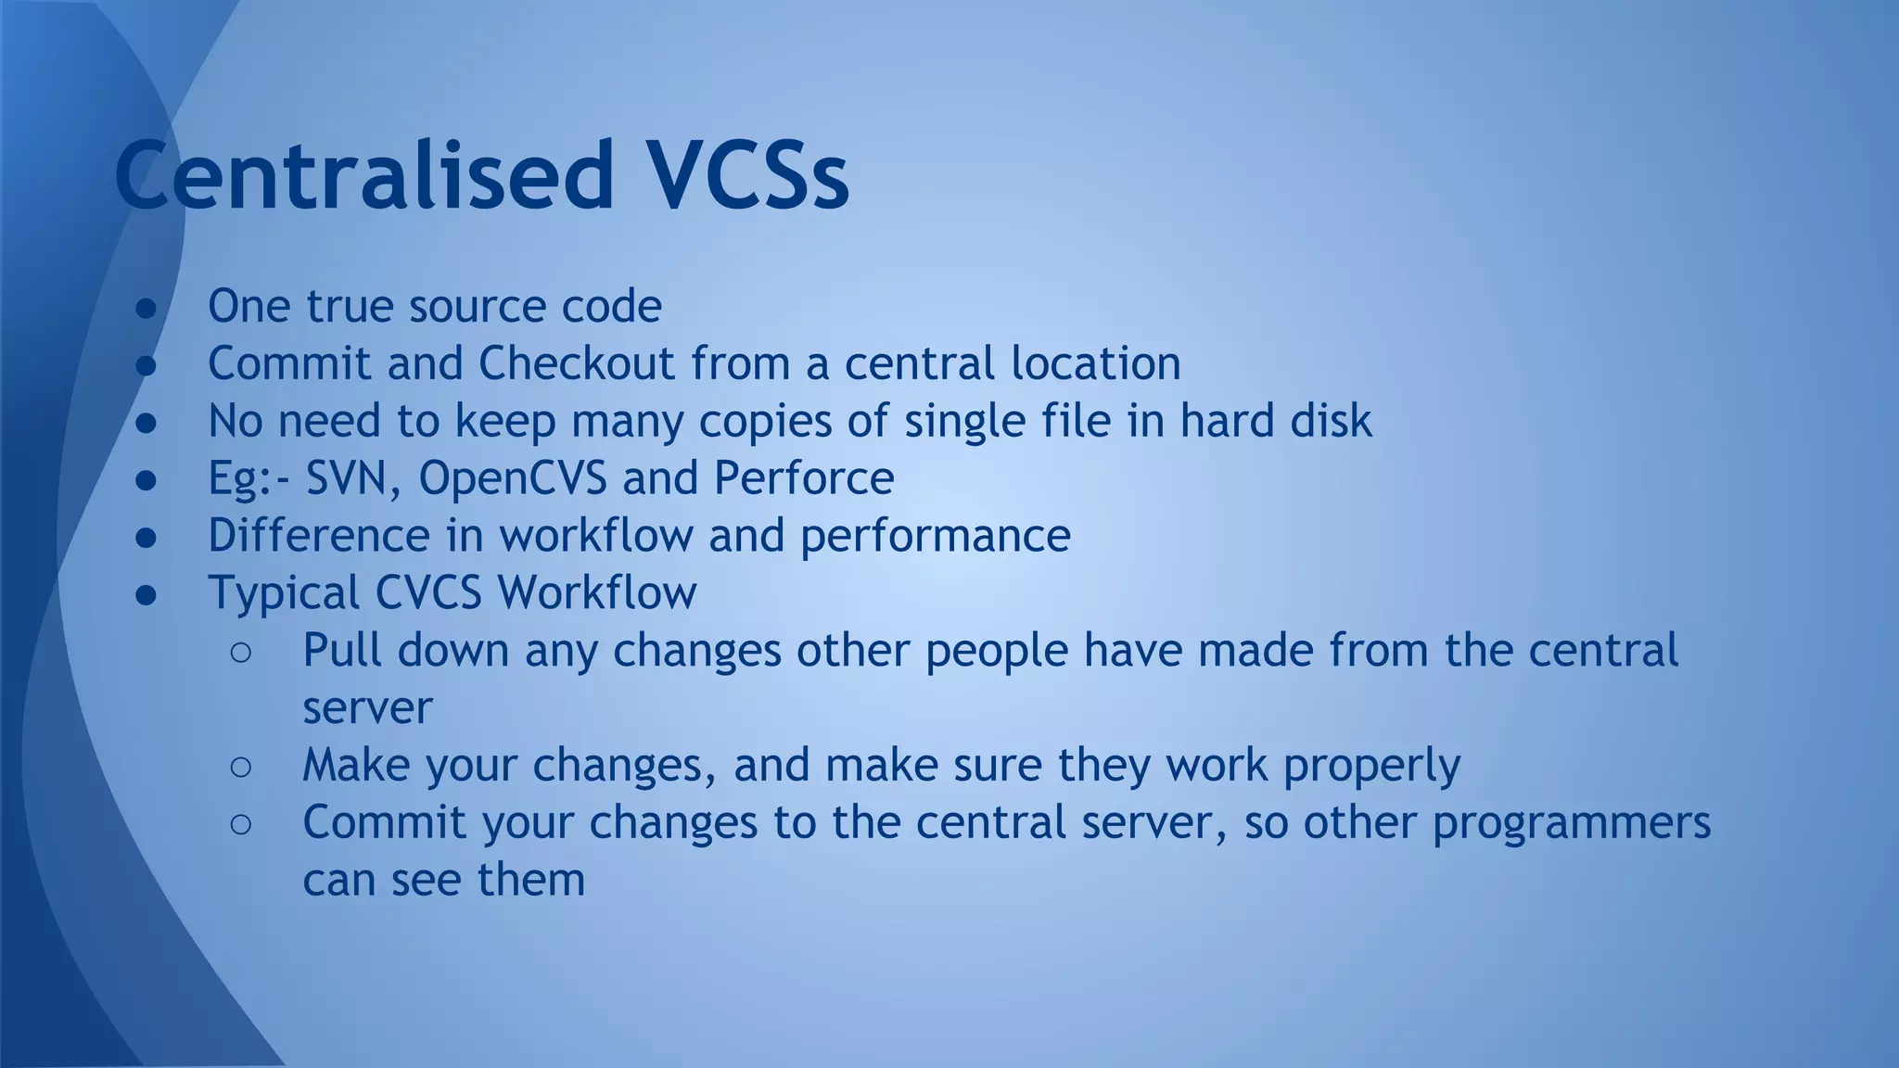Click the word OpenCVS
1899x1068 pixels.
(512, 478)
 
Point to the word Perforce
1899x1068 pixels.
(803, 478)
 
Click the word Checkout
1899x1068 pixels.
(576, 363)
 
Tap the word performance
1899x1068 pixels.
(935, 536)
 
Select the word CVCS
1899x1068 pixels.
(427, 593)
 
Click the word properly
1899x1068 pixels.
(1371, 766)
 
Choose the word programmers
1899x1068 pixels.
(1571, 823)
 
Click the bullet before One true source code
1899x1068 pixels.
(147, 308)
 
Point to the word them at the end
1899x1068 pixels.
(530, 881)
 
